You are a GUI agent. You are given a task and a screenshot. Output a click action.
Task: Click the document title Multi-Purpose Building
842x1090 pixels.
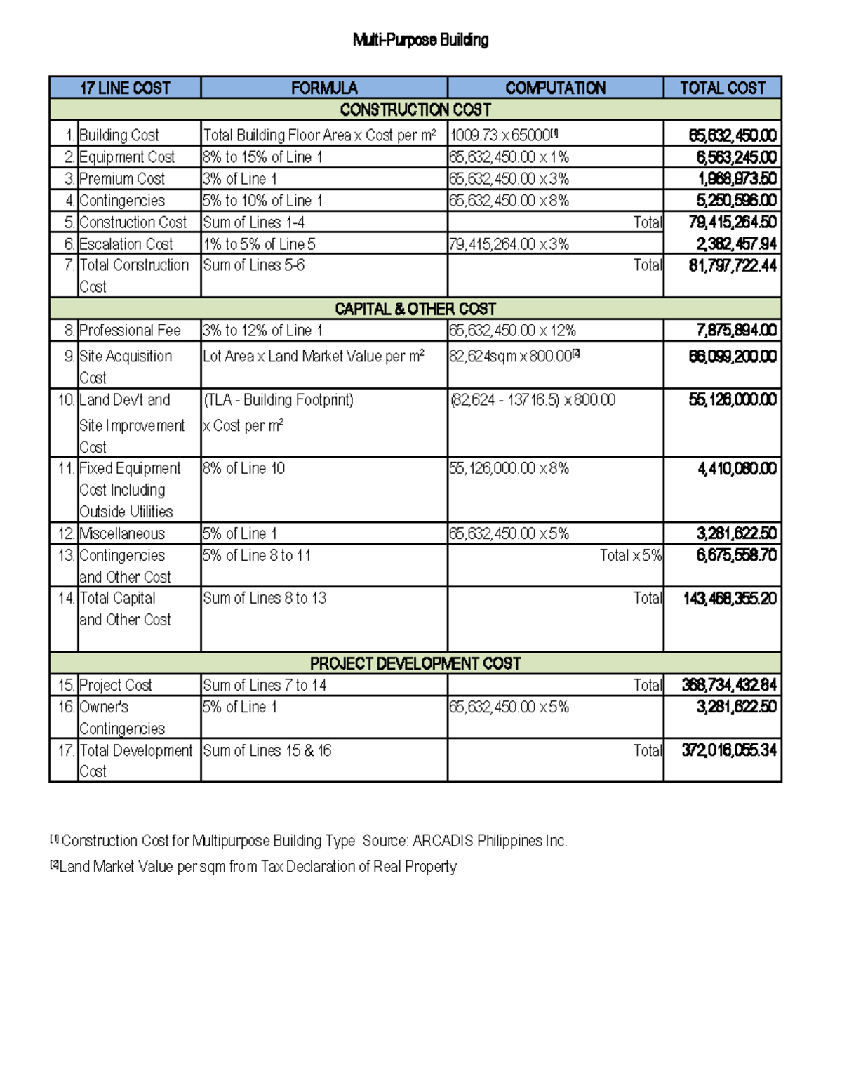pyautogui.click(x=420, y=40)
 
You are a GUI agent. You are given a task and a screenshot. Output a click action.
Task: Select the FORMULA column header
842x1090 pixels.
pyautogui.click(x=324, y=88)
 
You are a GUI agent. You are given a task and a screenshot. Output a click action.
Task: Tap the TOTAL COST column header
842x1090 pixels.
pyautogui.click(x=722, y=88)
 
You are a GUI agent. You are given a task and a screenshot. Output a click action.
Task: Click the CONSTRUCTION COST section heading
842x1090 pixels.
pyautogui.click(x=415, y=109)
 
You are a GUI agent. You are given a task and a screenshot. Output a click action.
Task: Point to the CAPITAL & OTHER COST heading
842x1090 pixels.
pyautogui.click(x=415, y=309)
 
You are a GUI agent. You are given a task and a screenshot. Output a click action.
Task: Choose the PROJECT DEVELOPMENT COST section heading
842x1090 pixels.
pyautogui.click(x=415, y=663)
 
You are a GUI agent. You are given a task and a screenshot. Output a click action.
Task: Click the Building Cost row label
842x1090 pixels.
pyautogui.click(x=119, y=135)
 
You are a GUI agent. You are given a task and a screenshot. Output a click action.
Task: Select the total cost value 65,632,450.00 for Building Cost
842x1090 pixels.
pyautogui.click(x=732, y=135)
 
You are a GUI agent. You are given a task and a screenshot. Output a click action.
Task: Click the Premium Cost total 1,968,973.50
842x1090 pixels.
pyautogui.click(x=736, y=179)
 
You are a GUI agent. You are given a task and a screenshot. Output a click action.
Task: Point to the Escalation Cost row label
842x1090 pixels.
pyautogui.click(x=126, y=244)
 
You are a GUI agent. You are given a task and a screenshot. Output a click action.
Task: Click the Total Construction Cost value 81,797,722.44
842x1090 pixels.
pyautogui.click(x=732, y=265)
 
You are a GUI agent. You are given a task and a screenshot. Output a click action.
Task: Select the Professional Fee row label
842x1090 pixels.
pyautogui.click(x=130, y=331)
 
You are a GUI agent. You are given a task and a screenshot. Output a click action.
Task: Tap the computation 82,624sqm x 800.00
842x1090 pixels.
pyautogui.click(x=512, y=357)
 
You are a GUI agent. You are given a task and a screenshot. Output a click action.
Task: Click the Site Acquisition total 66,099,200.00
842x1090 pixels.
pyautogui.click(x=732, y=357)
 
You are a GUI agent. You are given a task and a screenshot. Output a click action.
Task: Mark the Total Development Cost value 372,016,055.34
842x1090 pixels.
pyautogui.click(x=729, y=750)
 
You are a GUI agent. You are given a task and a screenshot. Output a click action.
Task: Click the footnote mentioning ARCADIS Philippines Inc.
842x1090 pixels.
pyautogui.click(x=309, y=841)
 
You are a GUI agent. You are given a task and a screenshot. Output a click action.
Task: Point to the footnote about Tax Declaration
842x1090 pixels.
pyautogui.click(x=253, y=867)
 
